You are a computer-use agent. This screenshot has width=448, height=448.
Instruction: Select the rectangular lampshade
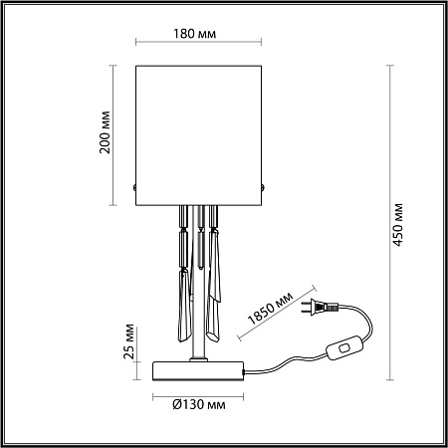[x=199, y=131]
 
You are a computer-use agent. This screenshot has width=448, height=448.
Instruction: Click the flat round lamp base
[x=199, y=370]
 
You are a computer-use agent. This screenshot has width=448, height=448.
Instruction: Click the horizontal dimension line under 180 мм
[x=199, y=46]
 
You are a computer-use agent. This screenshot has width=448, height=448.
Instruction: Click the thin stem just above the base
[x=201, y=343]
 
